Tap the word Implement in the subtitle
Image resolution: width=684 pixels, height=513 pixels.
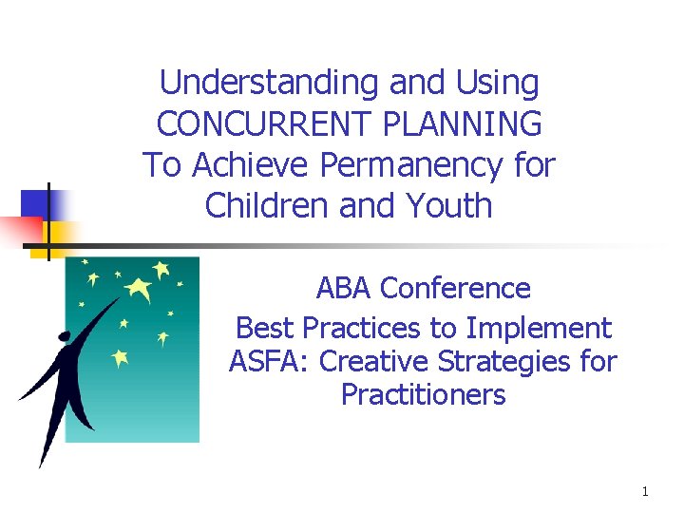point(544,329)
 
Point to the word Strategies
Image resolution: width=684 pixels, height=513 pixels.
point(520,362)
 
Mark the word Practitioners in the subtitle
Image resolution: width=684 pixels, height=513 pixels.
point(423,394)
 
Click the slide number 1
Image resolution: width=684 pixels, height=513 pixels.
point(645,491)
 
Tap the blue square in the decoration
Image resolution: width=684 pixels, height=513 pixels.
point(39,203)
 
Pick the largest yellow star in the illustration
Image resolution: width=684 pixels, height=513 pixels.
point(140,288)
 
